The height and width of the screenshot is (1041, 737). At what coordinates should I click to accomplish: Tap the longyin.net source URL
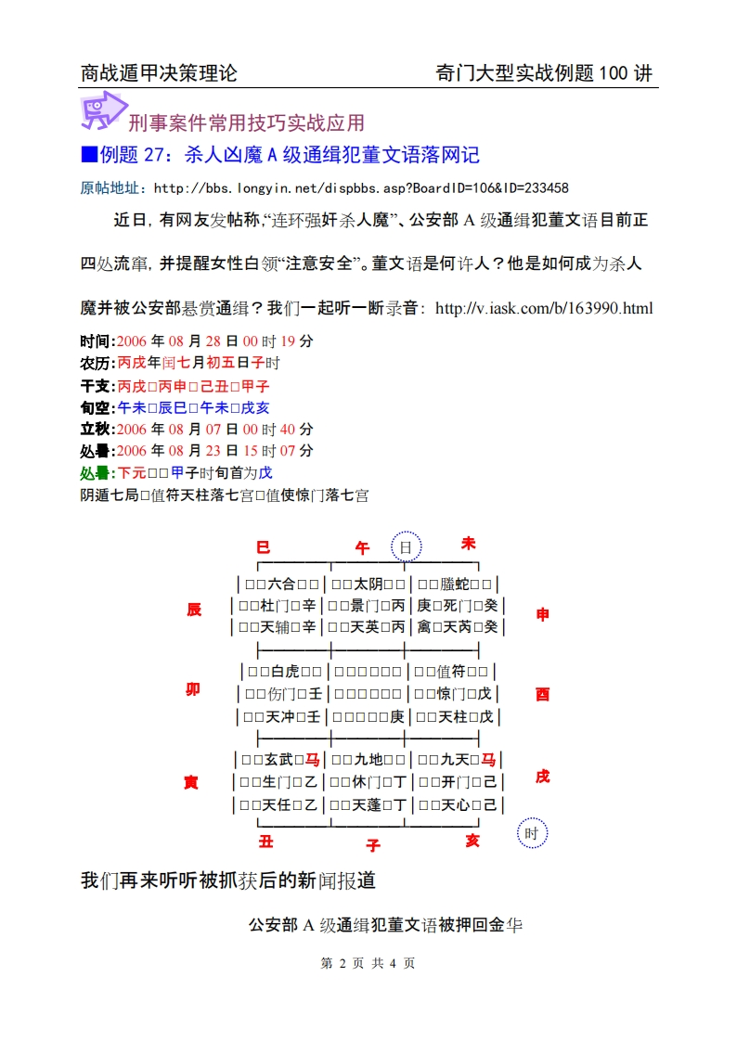click(x=361, y=187)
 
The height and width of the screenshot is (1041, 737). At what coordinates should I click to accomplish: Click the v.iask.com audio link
click(x=544, y=307)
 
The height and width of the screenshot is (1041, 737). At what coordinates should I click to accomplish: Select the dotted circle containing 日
click(x=406, y=547)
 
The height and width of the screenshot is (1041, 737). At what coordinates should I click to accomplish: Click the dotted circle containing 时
click(x=532, y=833)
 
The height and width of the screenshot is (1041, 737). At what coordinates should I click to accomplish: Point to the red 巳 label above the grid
click(x=263, y=547)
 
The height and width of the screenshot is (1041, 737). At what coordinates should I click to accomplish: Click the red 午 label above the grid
click(x=362, y=549)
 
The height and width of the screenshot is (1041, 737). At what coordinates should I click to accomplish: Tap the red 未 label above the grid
click(x=469, y=544)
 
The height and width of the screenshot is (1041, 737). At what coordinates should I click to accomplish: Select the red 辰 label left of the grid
click(x=194, y=610)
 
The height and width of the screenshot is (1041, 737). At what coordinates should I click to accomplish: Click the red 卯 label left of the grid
click(x=193, y=689)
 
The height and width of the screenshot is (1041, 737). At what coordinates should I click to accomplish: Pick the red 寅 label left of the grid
click(x=191, y=783)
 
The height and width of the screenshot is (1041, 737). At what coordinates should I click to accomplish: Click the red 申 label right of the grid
click(x=543, y=614)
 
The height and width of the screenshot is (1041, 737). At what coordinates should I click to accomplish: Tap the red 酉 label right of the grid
click(x=543, y=694)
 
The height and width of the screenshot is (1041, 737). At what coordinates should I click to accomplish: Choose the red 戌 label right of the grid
click(x=542, y=776)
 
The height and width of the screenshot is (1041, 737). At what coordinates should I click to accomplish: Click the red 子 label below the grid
click(x=373, y=845)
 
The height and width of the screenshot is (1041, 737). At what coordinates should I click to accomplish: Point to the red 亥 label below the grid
click(x=472, y=840)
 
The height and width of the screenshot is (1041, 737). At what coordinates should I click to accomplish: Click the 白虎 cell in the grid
click(x=282, y=671)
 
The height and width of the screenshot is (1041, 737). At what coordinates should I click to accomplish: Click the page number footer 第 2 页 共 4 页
click(x=368, y=963)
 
